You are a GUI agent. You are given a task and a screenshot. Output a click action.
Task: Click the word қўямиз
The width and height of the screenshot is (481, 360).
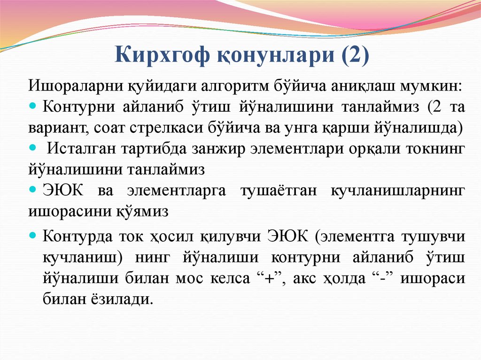pyautogui.click(x=142, y=212)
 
